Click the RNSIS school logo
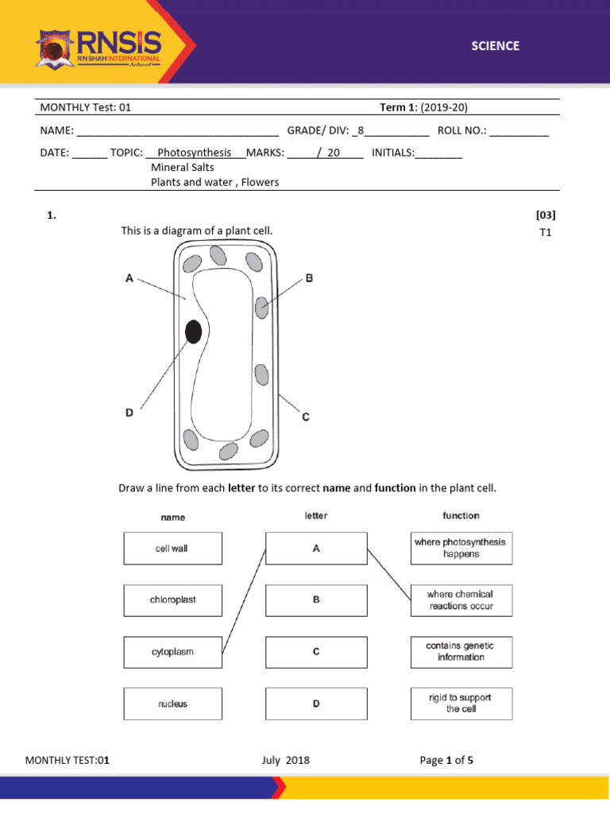click(98, 48)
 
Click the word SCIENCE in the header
click(494, 46)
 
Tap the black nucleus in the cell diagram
click(193, 331)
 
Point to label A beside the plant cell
click(129, 277)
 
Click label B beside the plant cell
click(309, 278)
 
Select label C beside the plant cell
click(306, 417)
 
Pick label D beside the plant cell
click(129, 412)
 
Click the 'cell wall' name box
click(172, 548)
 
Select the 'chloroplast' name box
click(172, 600)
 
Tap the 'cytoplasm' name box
click(172, 652)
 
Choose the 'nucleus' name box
click(172, 704)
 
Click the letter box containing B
click(316, 600)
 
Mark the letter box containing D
click(316, 704)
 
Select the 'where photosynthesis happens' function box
click(461, 548)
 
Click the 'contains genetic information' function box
click(461, 652)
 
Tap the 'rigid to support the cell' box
click(461, 704)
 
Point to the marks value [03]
click(546, 215)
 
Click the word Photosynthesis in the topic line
click(195, 153)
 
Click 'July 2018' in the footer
click(285, 760)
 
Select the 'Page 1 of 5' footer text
click(446, 760)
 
